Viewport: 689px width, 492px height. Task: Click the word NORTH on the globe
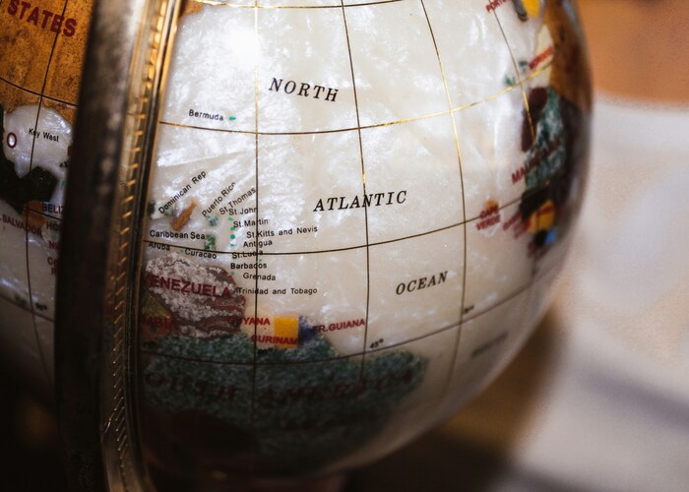click(303, 90)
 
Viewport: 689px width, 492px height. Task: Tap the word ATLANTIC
click(359, 202)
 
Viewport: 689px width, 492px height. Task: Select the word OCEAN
click(421, 283)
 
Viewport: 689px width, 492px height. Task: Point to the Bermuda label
click(207, 115)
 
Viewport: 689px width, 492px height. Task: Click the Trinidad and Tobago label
click(278, 291)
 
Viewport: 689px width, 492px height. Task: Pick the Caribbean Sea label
click(177, 235)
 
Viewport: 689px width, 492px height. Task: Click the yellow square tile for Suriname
click(286, 327)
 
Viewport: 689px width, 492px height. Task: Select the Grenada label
click(258, 277)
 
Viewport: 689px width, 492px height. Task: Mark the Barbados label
click(248, 265)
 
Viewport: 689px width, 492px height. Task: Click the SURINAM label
click(274, 339)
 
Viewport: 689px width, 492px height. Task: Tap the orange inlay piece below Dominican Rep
click(184, 216)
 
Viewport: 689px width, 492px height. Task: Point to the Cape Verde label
click(488, 216)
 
